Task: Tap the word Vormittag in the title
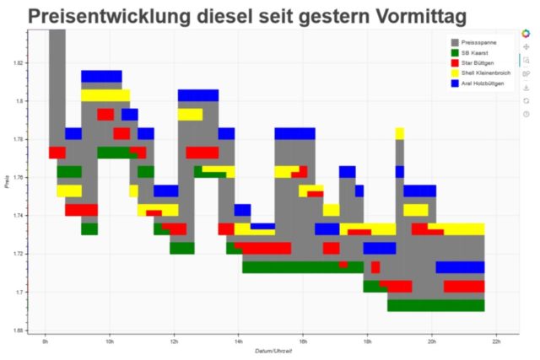(430, 16)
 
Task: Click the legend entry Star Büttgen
(478, 62)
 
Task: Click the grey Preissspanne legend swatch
(456, 42)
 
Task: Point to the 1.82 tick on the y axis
(18, 63)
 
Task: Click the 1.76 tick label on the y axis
(18, 178)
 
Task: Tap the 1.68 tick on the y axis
(18, 330)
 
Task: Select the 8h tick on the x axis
(46, 341)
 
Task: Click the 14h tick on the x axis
(239, 341)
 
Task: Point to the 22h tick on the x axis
(496, 341)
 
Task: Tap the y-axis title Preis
(7, 180)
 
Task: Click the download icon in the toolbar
(526, 87)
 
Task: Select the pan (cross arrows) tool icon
(526, 47)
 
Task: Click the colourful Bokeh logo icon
(526, 34)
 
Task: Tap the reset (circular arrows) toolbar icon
(526, 100)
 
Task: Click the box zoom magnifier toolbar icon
(526, 61)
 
